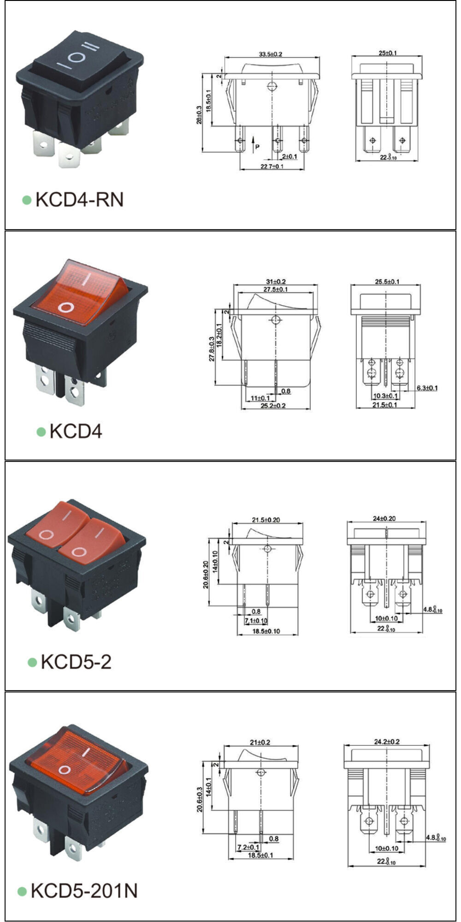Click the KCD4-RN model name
coord(79,200)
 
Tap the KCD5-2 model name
coord(76,662)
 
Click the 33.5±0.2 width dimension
coord(270,54)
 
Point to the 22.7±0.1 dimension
coord(272,166)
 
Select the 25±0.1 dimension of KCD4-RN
coord(388,53)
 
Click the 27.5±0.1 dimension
coord(276,290)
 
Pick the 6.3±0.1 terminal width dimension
coord(427,388)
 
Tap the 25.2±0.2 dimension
coord(273,406)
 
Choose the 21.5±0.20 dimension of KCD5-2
coord(266,520)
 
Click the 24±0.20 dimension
coord(384,519)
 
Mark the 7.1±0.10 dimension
coord(256,621)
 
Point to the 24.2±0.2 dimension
coord(387,742)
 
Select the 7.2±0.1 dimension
coord(248,847)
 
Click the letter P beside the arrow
coord(257,147)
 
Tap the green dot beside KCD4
coord(41,431)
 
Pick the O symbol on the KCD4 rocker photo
coord(67,307)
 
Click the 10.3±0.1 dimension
coord(385,396)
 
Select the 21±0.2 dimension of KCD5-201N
coord(260,743)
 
